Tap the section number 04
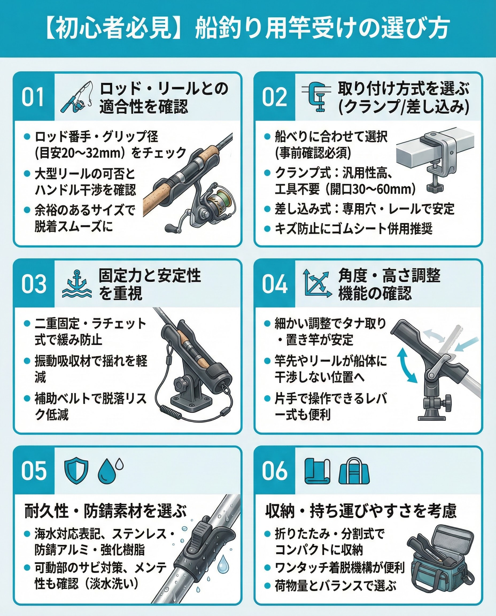pos(274,284)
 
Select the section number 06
pos(274,471)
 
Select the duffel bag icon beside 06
pos(354,471)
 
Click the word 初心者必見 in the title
pos(113,28)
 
